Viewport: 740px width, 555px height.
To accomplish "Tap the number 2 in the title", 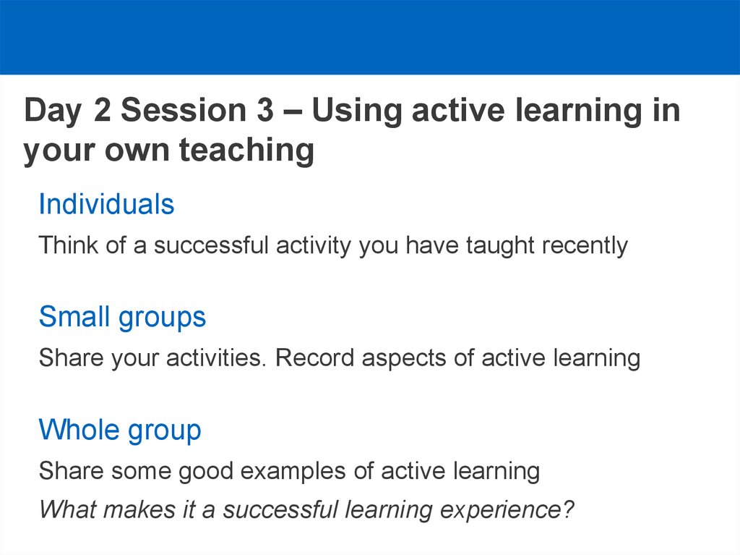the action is click(x=103, y=110).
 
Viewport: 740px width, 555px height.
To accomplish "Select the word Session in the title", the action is click(x=184, y=110).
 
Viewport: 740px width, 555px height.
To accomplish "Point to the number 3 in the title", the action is click(x=265, y=110).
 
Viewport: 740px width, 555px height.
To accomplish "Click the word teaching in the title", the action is click(x=246, y=151).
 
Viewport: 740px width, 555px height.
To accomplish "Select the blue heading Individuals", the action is click(x=107, y=204).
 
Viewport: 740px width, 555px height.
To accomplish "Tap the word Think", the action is click(x=69, y=245).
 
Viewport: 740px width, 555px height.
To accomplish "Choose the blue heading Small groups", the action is click(x=123, y=318).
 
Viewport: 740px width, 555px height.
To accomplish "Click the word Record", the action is click(x=314, y=358).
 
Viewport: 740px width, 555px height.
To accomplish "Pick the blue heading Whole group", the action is click(x=120, y=431).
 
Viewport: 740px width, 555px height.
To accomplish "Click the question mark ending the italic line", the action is click(x=568, y=509).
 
